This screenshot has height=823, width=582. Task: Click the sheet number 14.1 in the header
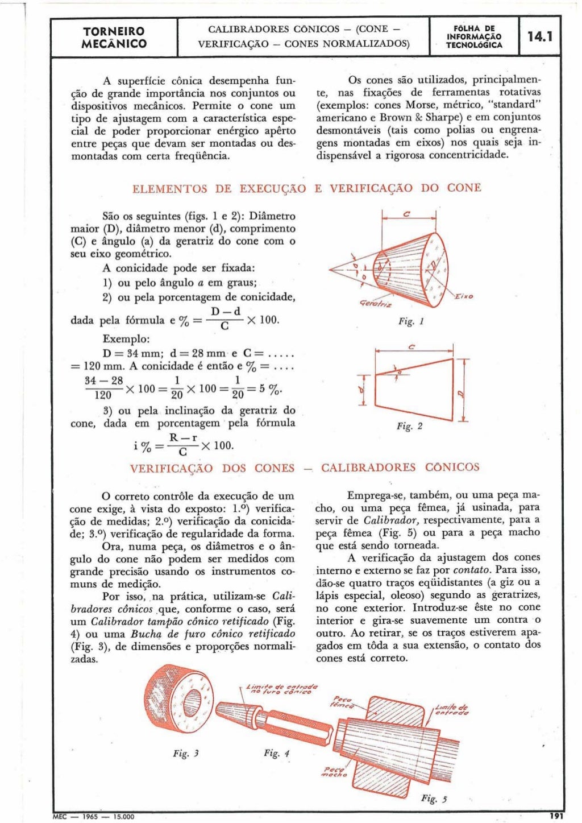539,37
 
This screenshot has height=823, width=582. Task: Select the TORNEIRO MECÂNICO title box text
114,38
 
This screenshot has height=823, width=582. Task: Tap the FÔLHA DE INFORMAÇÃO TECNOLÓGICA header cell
474,37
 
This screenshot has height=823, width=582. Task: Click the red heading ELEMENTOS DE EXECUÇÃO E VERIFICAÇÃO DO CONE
306,188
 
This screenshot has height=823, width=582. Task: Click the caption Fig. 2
409,426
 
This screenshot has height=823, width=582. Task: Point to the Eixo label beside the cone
463,296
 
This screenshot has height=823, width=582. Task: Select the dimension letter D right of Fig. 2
461,392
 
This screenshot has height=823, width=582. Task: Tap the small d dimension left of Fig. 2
362,390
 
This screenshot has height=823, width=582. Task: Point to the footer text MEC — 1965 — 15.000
94,817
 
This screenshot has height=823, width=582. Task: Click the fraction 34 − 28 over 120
103,387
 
